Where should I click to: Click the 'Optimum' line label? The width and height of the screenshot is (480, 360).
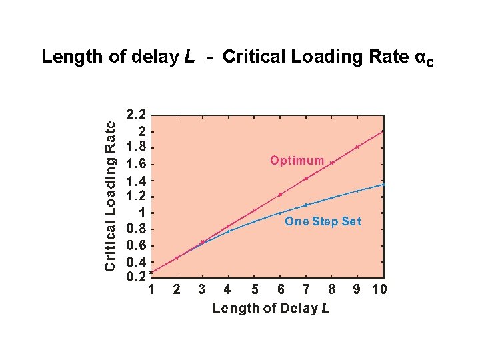(x=297, y=161)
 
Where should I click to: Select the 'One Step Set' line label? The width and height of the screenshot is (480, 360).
(x=323, y=221)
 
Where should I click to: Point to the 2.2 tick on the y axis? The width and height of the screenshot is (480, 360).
(x=139, y=115)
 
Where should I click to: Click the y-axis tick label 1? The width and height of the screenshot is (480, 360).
(x=143, y=213)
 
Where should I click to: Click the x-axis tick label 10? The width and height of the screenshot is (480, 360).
(x=379, y=289)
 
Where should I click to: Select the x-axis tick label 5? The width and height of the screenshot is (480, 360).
(x=253, y=289)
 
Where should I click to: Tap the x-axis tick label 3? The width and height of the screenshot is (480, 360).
(x=202, y=289)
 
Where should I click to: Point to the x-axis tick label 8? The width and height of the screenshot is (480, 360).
(x=331, y=289)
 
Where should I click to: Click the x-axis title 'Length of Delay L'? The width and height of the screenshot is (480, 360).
(x=271, y=308)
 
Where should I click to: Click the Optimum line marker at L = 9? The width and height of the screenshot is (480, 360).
(x=357, y=147)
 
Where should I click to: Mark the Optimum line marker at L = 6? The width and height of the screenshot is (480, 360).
(x=280, y=195)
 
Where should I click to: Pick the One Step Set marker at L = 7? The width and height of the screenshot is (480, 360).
(x=306, y=205)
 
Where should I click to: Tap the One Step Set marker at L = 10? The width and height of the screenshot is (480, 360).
(x=383, y=184)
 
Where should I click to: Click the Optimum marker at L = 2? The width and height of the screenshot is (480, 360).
(x=177, y=258)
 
